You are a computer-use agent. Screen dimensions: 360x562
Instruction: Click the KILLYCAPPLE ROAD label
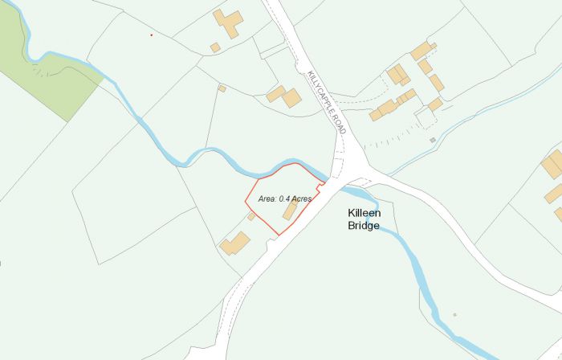tap(326, 100)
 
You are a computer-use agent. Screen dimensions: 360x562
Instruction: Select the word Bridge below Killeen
tap(364, 226)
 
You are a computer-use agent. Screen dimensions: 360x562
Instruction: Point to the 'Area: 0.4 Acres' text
tap(284, 198)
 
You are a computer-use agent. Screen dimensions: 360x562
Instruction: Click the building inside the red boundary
tap(290, 211)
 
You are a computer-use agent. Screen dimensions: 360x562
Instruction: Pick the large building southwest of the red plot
tap(235, 243)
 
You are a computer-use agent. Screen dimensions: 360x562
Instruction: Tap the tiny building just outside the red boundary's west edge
tap(251, 216)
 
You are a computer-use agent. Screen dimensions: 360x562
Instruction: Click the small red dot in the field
tap(151, 35)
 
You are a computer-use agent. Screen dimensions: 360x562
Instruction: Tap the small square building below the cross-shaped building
tap(215, 47)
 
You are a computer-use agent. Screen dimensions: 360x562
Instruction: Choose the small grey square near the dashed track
tap(433, 141)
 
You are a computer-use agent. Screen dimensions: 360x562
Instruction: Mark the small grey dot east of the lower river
tap(454, 314)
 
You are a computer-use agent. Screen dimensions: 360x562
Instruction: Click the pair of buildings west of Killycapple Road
tap(285, 96)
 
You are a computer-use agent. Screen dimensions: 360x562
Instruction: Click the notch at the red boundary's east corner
tap(321, 187)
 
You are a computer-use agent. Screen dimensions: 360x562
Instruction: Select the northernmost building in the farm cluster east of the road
tap(422, 51)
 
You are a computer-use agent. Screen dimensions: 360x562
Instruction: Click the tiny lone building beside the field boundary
tap(222, 88)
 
